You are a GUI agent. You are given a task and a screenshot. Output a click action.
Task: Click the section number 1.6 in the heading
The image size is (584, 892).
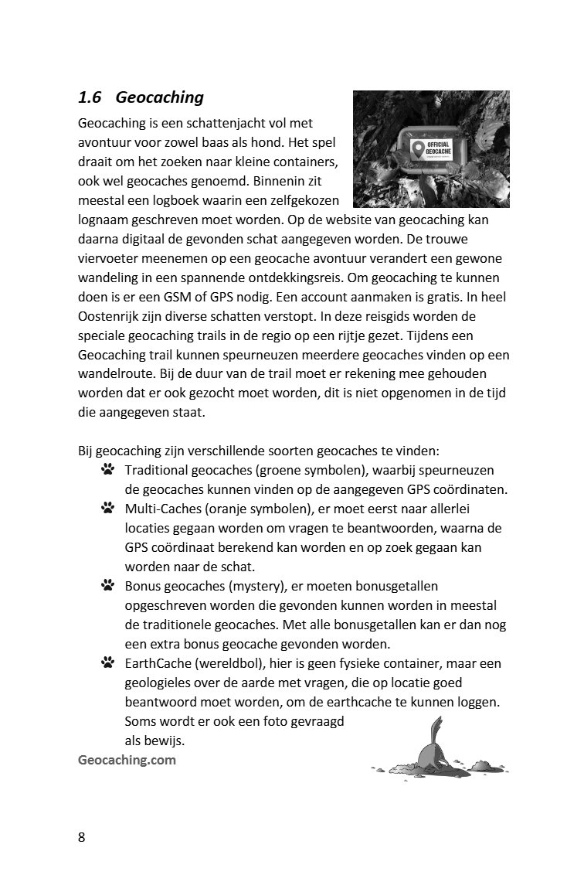[x=90, y=97]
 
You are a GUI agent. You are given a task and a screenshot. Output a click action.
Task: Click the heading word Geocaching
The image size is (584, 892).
[x=160, y=97]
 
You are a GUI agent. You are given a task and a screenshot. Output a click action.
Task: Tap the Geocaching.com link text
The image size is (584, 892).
[x=127, y=759]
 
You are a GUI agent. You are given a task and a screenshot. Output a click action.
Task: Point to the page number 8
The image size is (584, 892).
[x=82, y=838]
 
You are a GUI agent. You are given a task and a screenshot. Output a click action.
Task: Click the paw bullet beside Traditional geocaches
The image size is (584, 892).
[x=107, y=469]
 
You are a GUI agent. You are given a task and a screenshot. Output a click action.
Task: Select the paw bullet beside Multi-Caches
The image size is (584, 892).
[x=107, y=508]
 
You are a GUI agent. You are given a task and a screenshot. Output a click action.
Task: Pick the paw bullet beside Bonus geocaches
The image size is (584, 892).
[x=107, y=585]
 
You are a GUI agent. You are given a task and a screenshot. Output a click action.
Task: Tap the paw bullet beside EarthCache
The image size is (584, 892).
[x=107, y=662]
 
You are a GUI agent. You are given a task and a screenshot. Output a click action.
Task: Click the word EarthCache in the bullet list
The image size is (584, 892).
[x=158, y=663]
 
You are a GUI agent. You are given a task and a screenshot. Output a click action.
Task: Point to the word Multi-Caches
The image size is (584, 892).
[x=161, y=509]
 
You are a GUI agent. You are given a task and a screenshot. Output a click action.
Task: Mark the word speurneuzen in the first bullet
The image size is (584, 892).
[x=457, y=470]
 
